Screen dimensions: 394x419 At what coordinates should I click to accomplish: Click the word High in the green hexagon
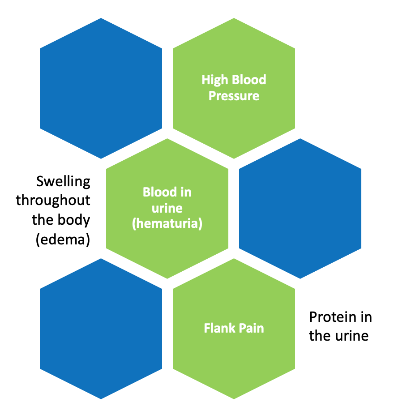pos(214,80)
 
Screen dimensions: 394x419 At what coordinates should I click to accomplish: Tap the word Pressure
pos(234,96)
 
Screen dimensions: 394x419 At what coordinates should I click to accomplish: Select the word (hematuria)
pos(167,224)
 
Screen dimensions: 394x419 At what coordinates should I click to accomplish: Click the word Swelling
pos(63,182)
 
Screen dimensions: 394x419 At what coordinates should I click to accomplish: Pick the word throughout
pos(53,201)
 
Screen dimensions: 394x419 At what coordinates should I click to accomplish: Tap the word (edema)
pos(63,239)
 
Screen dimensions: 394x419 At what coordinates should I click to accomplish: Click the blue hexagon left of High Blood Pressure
pos(101,88)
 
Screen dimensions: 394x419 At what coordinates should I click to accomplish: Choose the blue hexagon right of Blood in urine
pos(300,209)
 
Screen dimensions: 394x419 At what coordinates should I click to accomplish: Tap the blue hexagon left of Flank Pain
pos(101,329)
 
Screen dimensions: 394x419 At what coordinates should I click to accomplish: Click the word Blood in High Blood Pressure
pos(249,80)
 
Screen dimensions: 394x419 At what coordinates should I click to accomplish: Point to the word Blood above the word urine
pos(159,192)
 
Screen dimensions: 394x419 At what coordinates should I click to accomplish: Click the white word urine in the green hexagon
pos(167,208)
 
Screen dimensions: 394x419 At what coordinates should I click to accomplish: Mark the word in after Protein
pos(366,317)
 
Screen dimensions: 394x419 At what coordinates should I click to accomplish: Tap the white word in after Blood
pos(186,192)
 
